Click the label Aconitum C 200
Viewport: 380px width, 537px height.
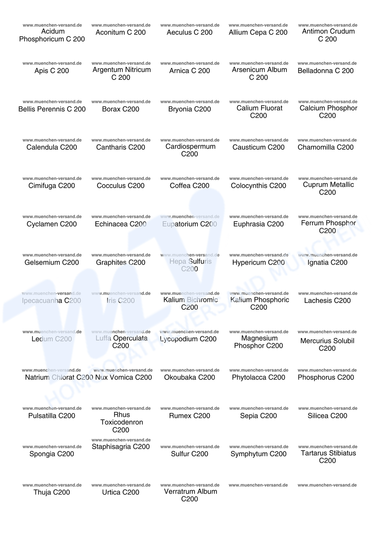click(x=121, y=32)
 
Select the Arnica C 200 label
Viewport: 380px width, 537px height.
click(x=190, y=71)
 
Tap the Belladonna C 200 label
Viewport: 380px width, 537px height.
click(x=325, y=71)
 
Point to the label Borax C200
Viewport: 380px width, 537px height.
click(x=121, y=109)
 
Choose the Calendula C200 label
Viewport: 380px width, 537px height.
click(x=52, y=147)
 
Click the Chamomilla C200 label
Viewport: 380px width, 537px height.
click(x=325, y=147)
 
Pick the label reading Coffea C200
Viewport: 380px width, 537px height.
click(x=190, y=186)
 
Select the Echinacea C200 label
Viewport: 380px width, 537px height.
click(x=121, y=224)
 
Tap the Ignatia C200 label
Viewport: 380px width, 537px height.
click(x=327, y=262)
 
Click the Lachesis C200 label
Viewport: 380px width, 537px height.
click(x=327, y=300)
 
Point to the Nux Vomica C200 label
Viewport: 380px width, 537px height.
click(x=123, y=377)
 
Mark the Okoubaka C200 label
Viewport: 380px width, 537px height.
click(x=190, y=377)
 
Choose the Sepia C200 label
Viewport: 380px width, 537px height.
click(x=258, y=415)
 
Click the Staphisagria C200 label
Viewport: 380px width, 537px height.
click(x=121, y=446)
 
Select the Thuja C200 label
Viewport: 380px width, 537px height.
click(x=52, y=492)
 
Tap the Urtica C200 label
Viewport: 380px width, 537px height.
click(x=121, y=492)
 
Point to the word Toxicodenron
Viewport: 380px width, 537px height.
click(x=122, y=422)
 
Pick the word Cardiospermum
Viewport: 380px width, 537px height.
click(x=190, y=147)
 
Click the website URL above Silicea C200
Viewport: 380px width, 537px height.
click(x=328, y=408)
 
